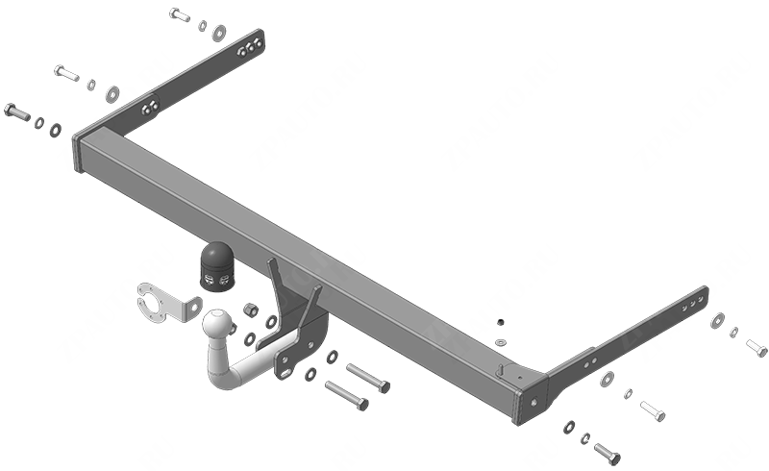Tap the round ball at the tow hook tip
click(218, 324)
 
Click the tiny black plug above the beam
click(501, 321)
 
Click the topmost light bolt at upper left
click(179, 14)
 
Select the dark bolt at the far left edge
click(17, 112)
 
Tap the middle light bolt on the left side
click(65, 73)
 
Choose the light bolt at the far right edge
click(757, 347)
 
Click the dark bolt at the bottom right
click(607, 453)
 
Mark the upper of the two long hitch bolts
click(367, 377)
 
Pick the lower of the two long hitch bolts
click(346, 395)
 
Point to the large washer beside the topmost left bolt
click(220, 32)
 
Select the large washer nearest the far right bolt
click(717, 321)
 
